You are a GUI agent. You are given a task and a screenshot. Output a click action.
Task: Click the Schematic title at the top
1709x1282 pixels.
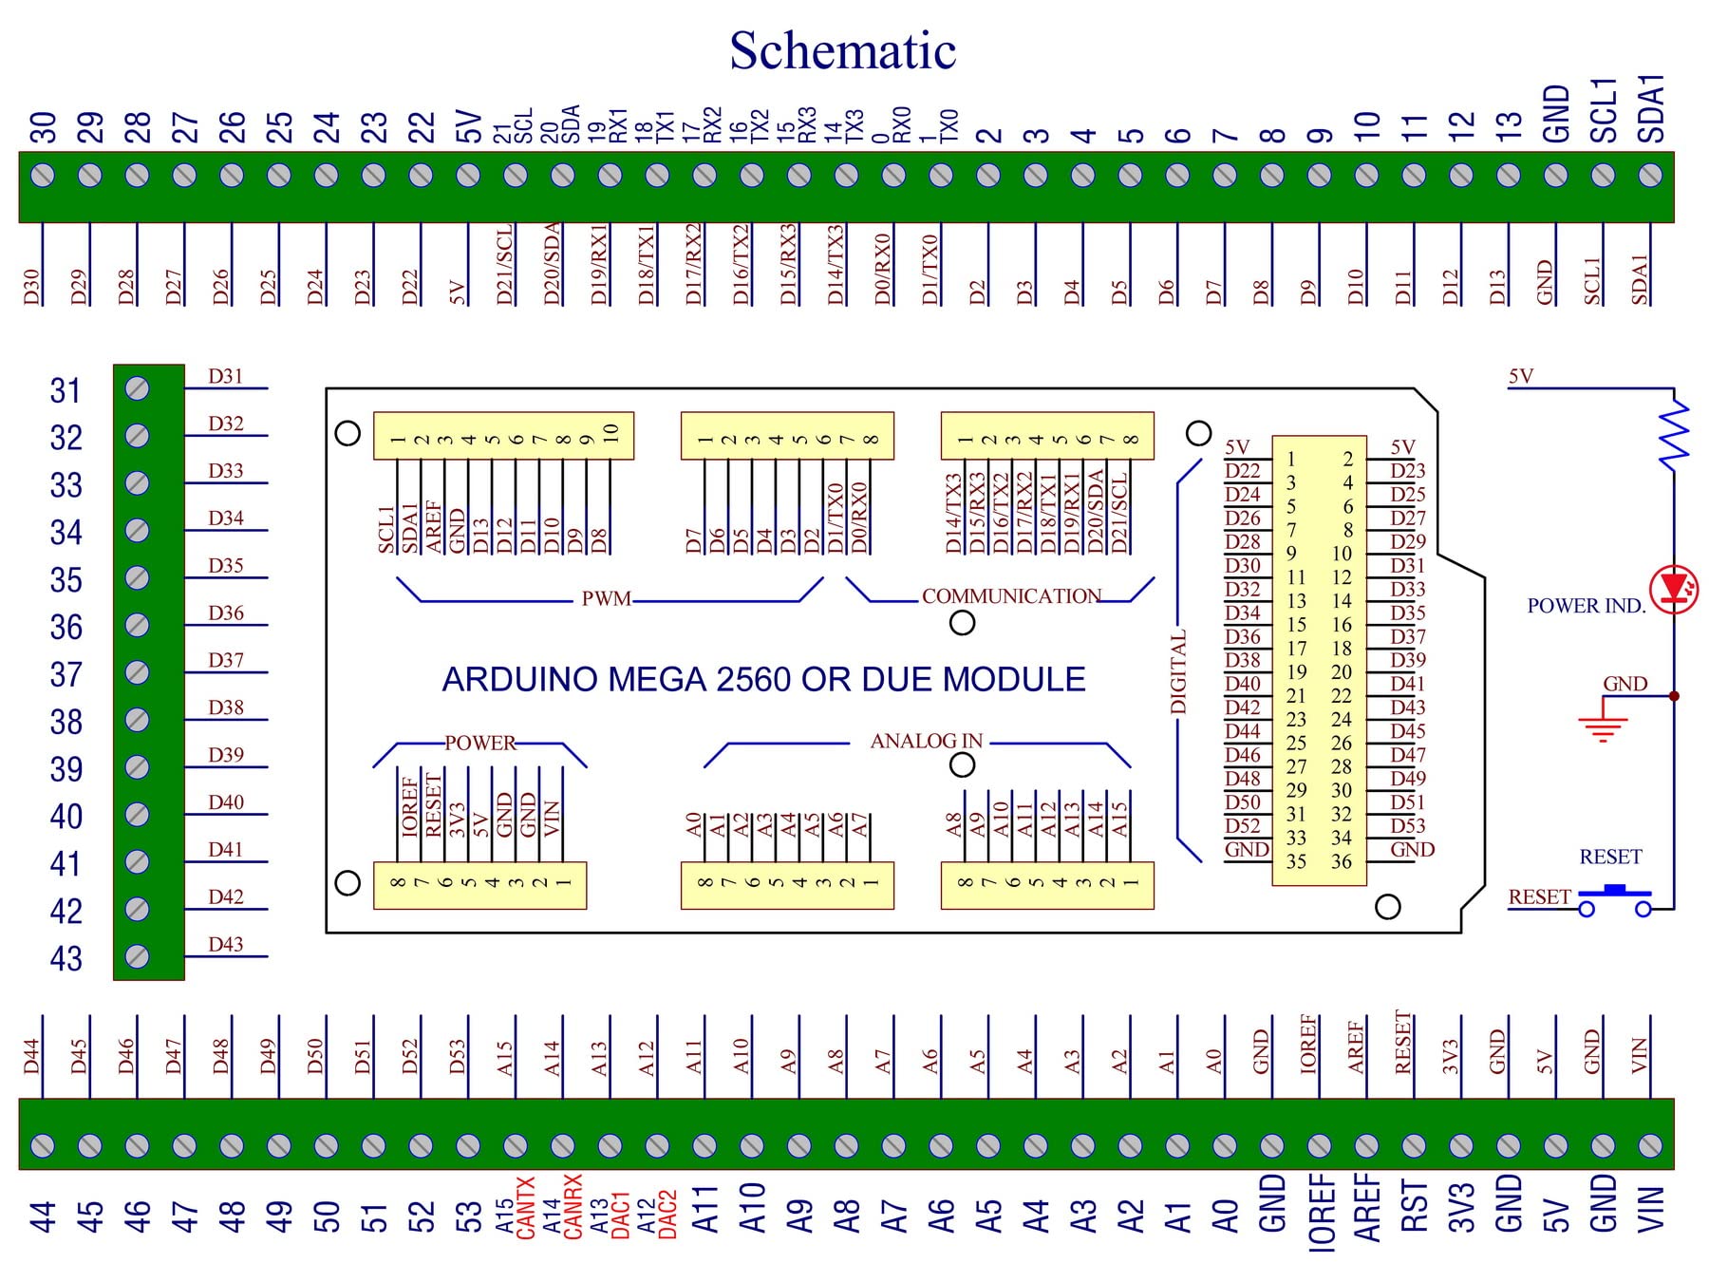(842, 50)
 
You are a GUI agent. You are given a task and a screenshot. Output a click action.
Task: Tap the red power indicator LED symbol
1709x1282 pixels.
(1673, 589)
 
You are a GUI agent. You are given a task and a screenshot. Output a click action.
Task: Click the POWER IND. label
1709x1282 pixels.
(1586, 606)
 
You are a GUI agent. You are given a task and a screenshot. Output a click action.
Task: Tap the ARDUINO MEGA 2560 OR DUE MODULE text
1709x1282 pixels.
(763, 680)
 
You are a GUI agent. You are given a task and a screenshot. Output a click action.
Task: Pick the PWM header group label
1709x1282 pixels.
(606, 599)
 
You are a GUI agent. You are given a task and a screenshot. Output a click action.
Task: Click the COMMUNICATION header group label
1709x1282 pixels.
(1011, 596)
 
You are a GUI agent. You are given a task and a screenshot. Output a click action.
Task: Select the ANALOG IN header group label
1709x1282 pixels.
(926, 741)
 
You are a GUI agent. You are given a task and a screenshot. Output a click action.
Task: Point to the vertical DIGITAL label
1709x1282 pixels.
(1178, 671)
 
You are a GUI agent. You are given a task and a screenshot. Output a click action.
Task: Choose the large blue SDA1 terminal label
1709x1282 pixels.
(1651, 108)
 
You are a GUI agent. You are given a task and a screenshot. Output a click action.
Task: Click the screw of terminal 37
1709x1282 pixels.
(138, 672)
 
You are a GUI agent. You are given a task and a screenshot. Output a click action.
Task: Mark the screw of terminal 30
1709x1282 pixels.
(43, 176)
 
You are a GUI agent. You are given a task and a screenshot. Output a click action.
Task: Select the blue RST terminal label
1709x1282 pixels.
(1414, 1206)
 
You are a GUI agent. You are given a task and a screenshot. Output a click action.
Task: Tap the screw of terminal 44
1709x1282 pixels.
(43, 1145)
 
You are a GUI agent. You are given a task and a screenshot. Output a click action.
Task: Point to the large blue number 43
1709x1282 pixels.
(66, 959)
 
